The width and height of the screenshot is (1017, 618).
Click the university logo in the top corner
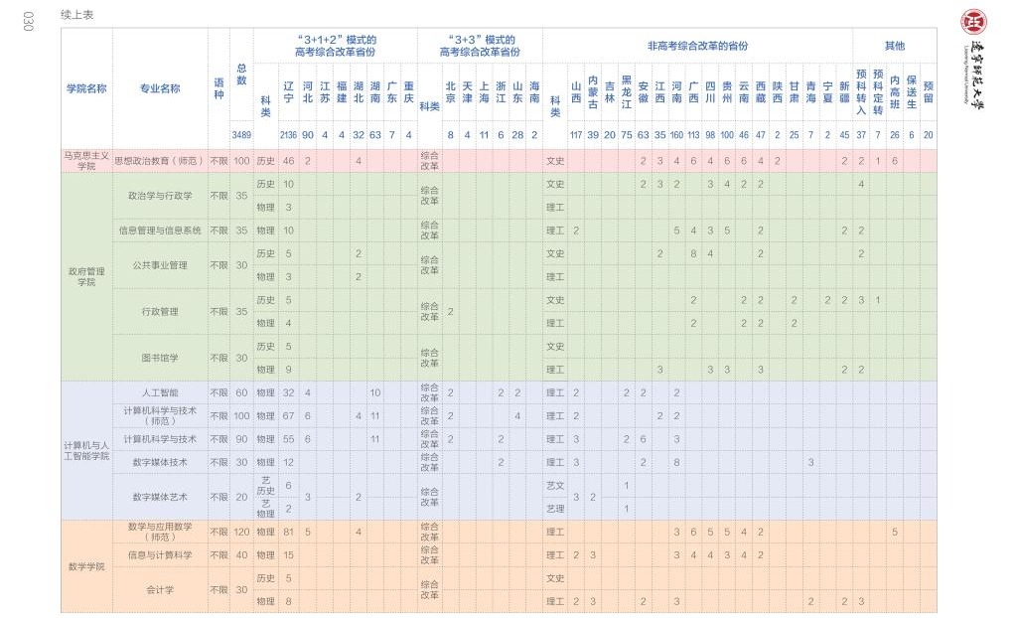click(973, 22)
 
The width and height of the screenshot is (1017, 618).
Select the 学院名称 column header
click(86, 87)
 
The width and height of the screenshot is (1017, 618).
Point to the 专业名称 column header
click(160, 87)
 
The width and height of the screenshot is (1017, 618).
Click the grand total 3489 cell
click(241, 134)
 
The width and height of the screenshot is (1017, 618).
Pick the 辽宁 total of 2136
click(288, 134)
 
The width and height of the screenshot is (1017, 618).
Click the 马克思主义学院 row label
click(86, 160)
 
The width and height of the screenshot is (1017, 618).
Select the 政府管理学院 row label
click(86, 276)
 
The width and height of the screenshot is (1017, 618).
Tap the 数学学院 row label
click(86, 566)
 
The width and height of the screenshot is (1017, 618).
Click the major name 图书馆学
click(160, 358)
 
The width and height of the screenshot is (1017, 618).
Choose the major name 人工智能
click(160, 392)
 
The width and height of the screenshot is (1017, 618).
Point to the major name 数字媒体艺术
click(160, 497)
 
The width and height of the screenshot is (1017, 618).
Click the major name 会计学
click(160, 589)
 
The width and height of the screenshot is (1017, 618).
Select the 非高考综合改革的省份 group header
click(697, 46)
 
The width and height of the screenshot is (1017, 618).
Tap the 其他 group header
click(894, 46)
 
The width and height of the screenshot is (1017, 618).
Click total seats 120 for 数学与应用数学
click(241, 532)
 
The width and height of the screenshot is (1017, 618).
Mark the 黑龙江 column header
click(627, 87)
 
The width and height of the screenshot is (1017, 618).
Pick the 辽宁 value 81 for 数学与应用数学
click(288, 532)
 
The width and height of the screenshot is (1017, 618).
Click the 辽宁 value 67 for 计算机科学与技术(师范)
click(288, 415)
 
